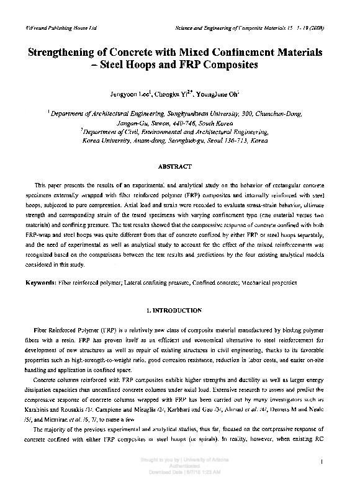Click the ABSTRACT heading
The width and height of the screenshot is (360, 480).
click(179, 167)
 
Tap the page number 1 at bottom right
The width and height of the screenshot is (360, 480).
click(325, 460)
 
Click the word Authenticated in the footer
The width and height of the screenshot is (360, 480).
click(180, 467)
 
